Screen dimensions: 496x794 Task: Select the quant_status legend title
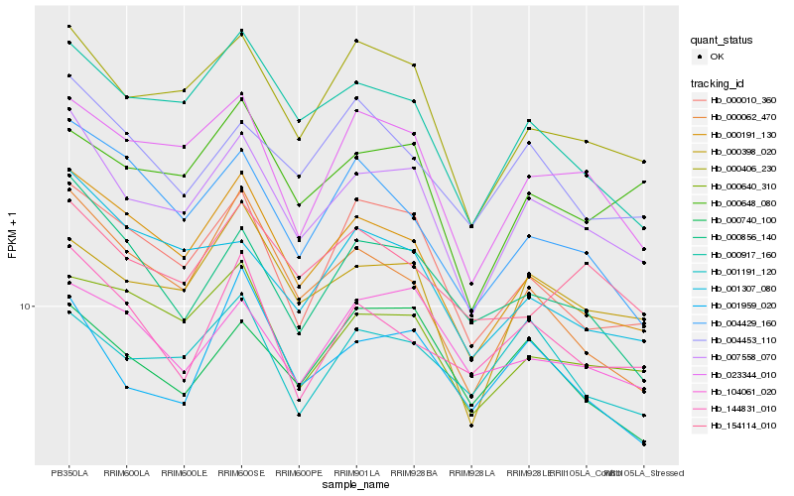[x=722, y=40]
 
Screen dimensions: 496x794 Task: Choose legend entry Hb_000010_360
[x=742, y=100]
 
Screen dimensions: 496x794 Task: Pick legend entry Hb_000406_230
[x=742, y=169]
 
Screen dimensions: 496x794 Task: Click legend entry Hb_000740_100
[x=742, y=220]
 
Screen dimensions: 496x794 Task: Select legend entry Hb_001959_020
[x=742, y=306]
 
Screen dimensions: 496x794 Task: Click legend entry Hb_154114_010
[x=742, y=425]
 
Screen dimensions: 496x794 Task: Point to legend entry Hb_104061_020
[x=742, y=391]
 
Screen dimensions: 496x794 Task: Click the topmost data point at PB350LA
[x=68, y=26]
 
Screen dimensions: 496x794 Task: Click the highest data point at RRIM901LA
[x=356, y=41]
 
